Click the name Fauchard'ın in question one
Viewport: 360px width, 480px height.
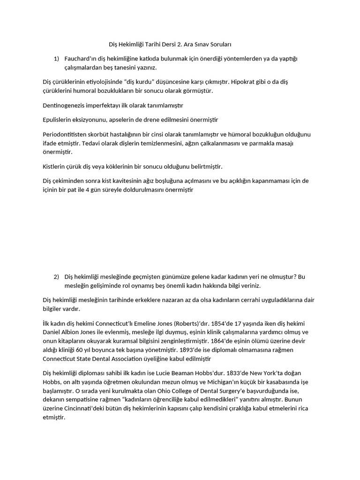[80, 58]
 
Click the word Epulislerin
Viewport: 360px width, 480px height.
[58, 120]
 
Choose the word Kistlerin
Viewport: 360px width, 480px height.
[54, 166]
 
